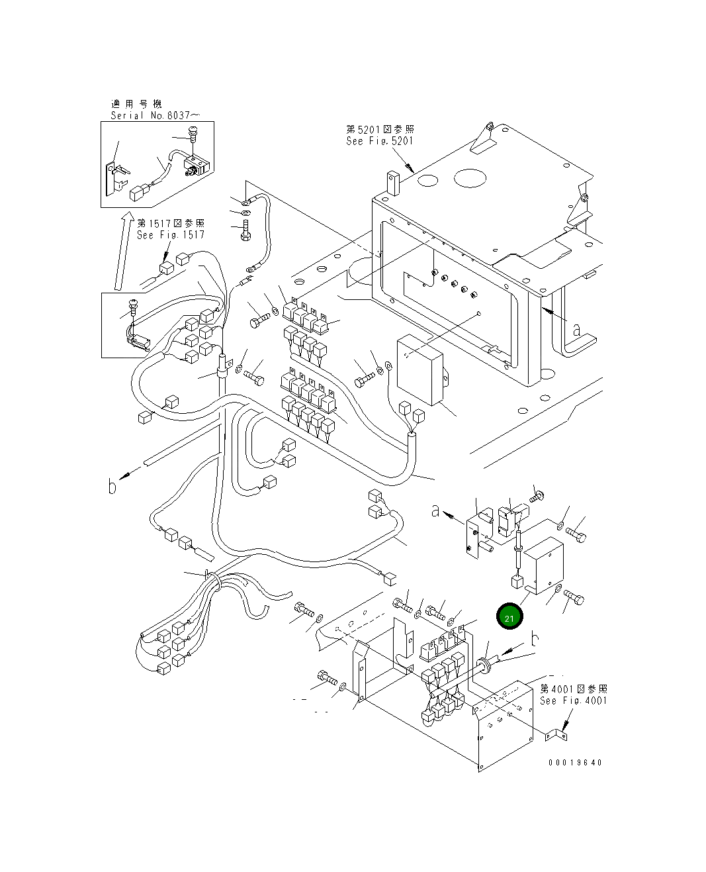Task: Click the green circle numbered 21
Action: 509,616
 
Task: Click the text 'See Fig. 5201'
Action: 380,141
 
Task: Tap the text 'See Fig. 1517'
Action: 170,234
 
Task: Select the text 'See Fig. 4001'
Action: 573,701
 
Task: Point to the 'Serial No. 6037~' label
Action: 155,115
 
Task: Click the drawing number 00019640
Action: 575,762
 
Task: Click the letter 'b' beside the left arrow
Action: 112,487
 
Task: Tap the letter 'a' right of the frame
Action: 576,330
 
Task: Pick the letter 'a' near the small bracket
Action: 435,511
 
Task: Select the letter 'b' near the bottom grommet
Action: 535,639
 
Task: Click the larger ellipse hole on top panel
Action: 470,178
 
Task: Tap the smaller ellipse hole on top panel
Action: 428,180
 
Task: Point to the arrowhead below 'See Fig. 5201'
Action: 410,168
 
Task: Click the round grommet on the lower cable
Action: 484,665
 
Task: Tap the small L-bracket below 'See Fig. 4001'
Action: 556,736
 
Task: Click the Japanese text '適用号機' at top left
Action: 136,104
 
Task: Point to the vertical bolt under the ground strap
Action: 246,230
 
